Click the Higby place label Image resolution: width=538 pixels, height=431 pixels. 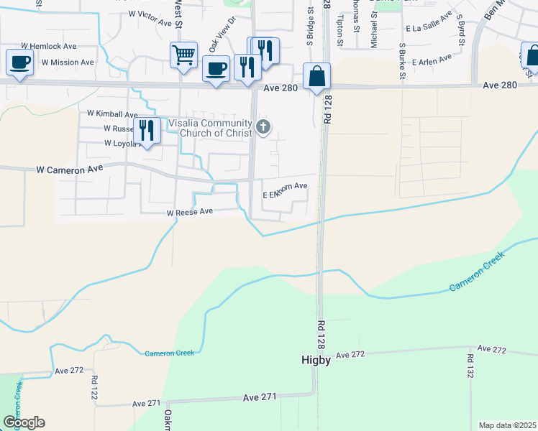tap(315, 361)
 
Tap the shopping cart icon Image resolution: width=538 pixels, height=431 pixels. tap(184, 55)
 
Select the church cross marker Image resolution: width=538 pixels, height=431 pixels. tap(263, 128)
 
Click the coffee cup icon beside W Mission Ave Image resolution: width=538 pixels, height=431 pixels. tap(19, 62)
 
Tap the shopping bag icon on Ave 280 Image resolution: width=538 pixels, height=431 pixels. tap(316, 76)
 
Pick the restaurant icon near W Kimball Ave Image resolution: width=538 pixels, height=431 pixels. tap(147, 131)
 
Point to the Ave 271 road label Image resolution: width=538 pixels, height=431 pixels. tap(260, 397)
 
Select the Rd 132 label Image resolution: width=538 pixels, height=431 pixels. tap(470, 367)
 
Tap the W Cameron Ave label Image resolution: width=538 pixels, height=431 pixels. tap(70, 170)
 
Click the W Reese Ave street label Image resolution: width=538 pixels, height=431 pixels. tap(191, 213)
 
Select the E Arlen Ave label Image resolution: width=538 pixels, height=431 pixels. tap(432, 60)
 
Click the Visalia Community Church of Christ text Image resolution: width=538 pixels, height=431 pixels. tap(210, 127)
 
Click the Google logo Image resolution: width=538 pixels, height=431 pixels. tap(24, 422)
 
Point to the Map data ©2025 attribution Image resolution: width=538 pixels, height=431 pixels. tap(507, 425)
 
